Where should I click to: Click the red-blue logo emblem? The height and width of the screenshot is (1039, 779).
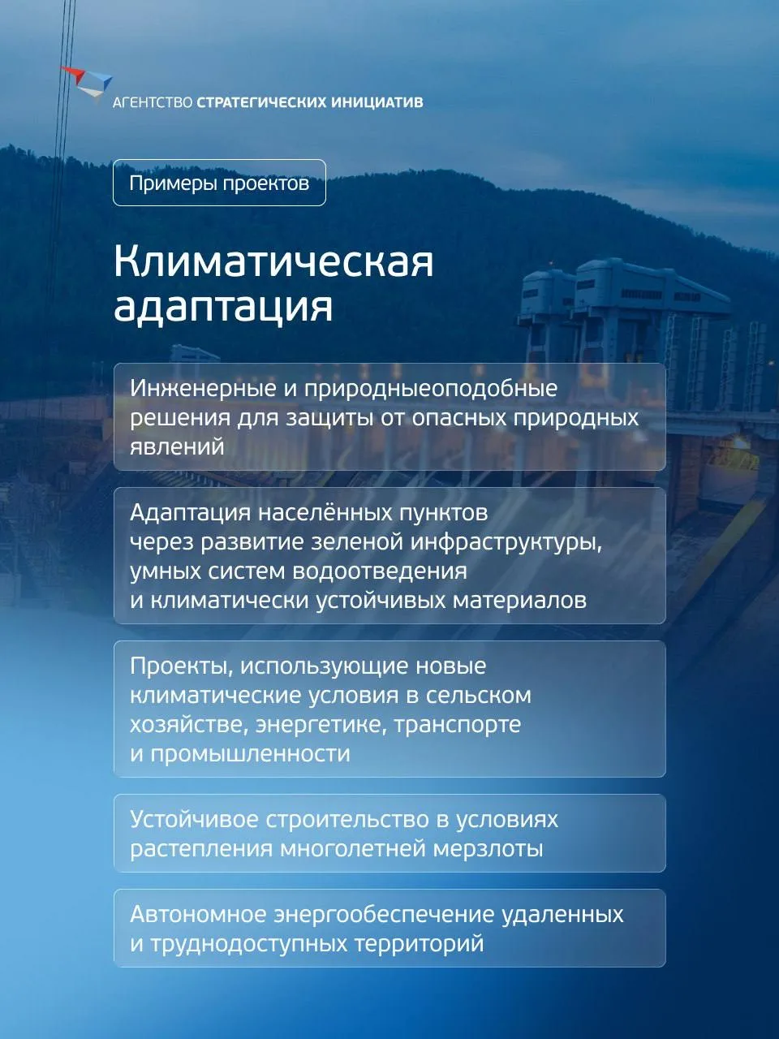87,84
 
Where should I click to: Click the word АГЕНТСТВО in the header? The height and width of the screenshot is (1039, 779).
153,102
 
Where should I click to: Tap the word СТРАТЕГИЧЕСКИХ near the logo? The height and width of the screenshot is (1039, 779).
261,102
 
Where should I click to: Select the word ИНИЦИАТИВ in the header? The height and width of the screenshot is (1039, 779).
377,102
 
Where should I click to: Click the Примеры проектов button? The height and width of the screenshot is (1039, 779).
219,183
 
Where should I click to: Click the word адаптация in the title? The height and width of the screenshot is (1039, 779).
223,306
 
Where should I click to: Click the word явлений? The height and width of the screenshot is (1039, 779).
177,447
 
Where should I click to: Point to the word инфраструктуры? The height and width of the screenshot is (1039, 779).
506,543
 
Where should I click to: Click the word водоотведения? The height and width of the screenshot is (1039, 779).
380,571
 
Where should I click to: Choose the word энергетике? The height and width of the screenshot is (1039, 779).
321,725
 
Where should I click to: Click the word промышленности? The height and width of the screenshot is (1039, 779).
250,755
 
